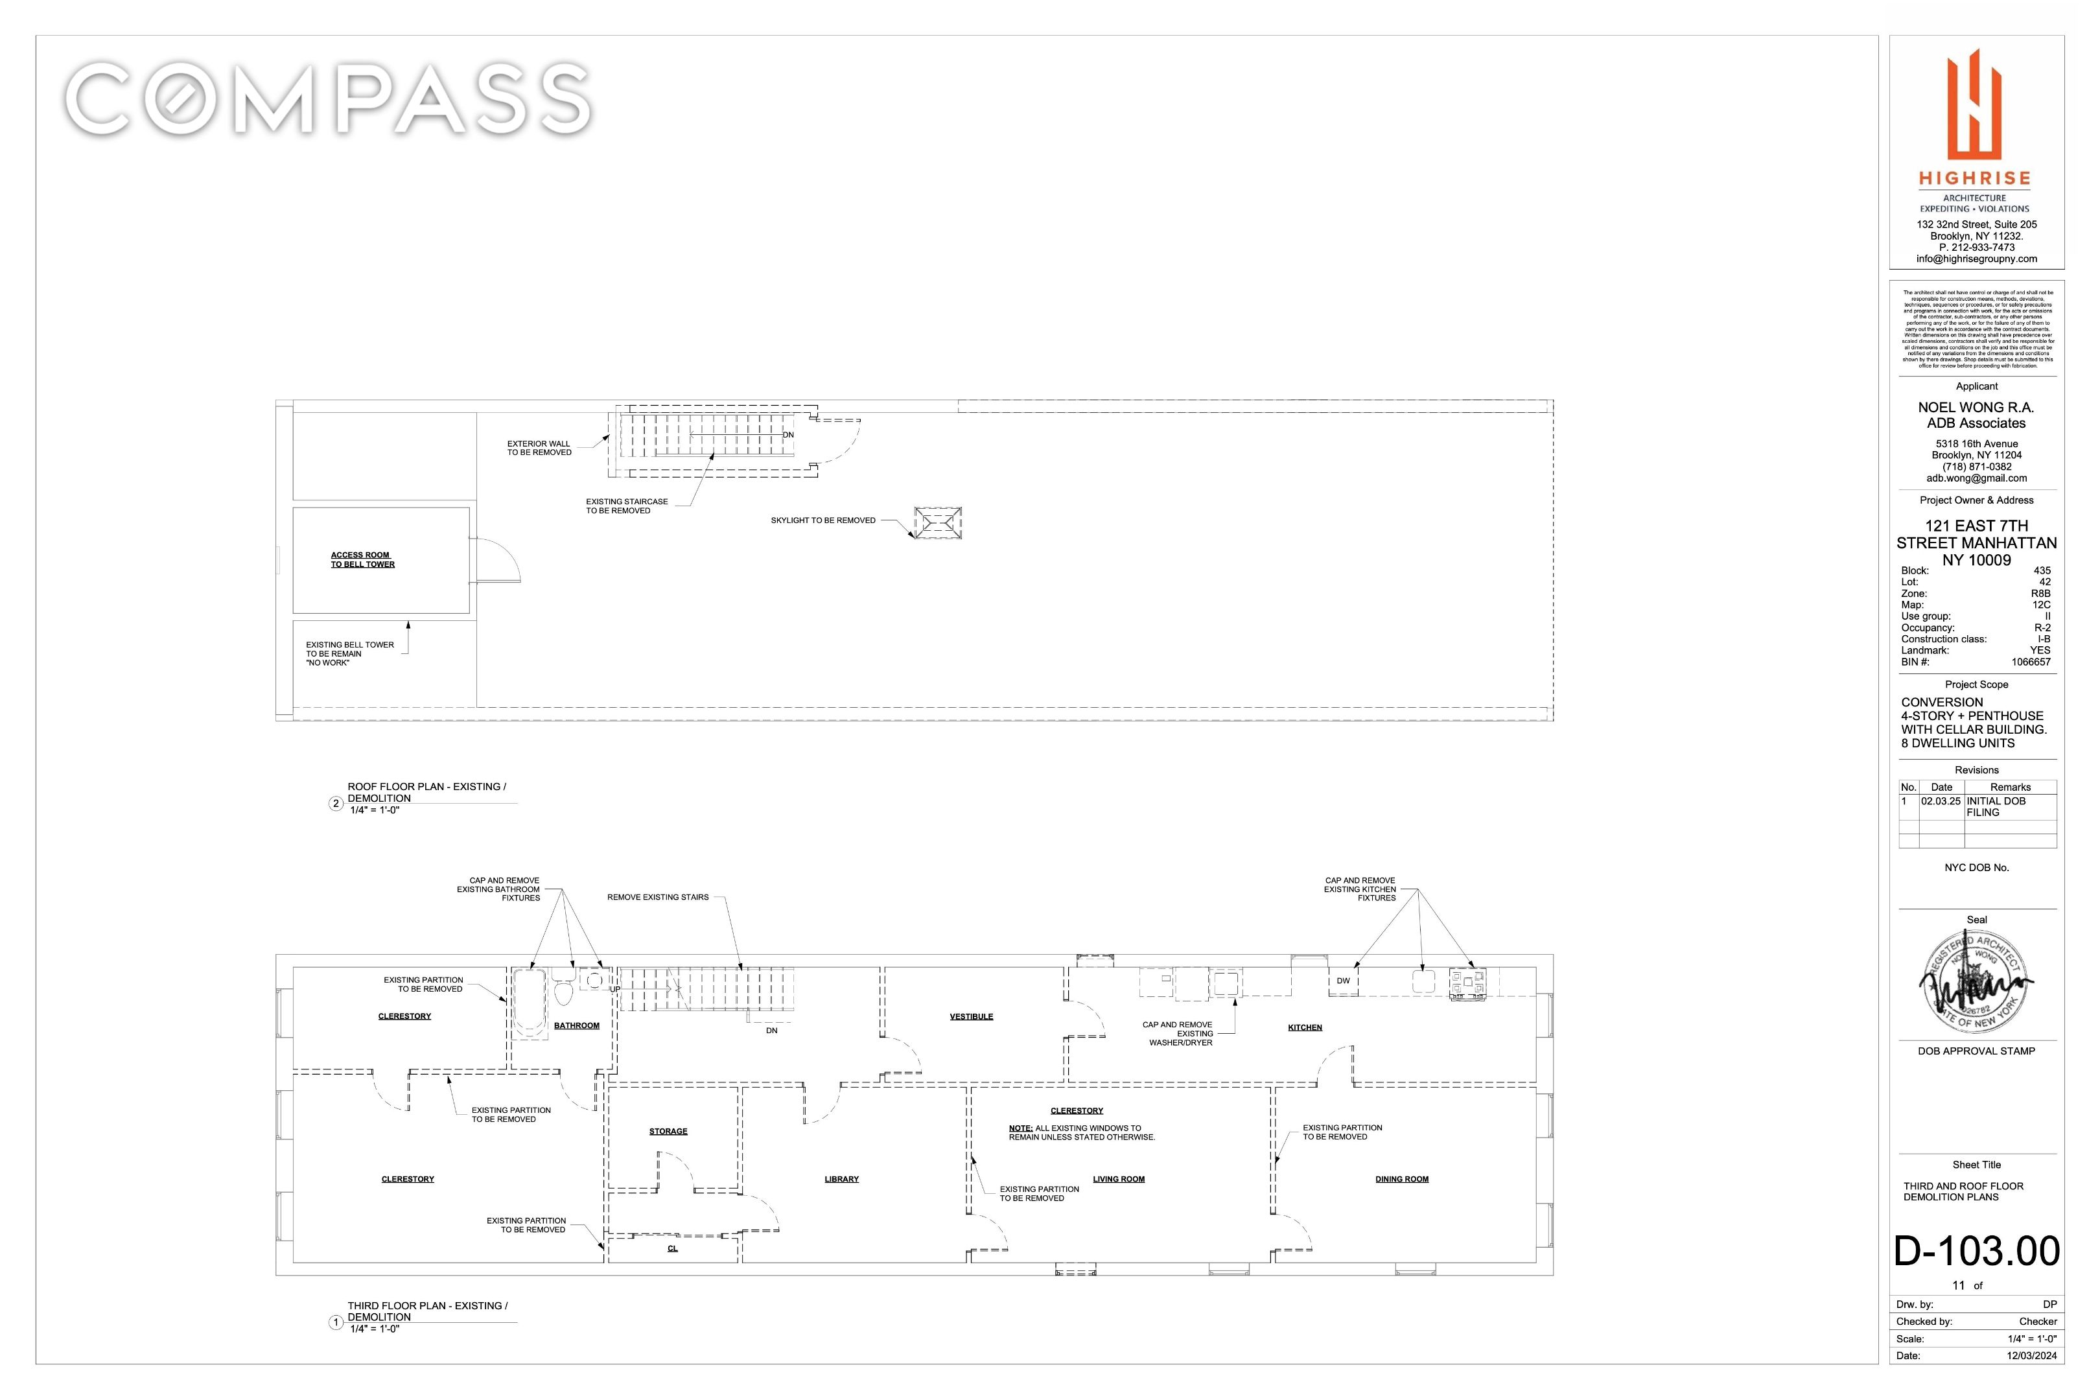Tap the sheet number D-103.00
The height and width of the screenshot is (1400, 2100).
click(1976, 1251)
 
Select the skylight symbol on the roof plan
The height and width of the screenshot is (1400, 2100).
click(937, 522)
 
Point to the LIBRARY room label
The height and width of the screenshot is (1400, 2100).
click(841, 1180)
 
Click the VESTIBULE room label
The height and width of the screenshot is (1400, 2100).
click(970, 1017)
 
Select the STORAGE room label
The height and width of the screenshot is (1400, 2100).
click(668, 1131)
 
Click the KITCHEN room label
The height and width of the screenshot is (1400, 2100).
click(1305, 1028)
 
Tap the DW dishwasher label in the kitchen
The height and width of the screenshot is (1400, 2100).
click(1343, 981)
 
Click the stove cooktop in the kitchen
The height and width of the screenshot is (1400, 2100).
click(1467, 982)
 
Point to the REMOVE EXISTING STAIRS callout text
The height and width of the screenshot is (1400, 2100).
click(657, 897)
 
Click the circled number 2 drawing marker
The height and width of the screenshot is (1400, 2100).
click(336, 804)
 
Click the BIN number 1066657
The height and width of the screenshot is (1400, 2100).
click(2031, 662)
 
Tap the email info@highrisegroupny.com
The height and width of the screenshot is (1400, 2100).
click(1976, 259)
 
